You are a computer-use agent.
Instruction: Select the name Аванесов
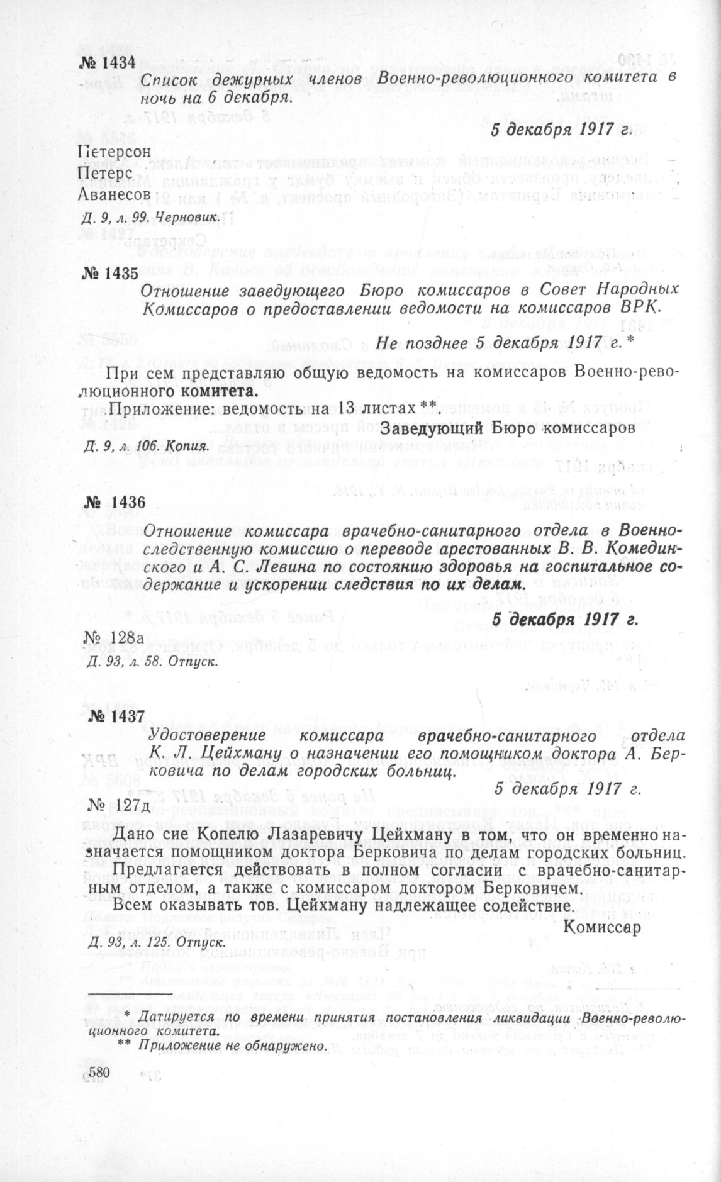(114, 194)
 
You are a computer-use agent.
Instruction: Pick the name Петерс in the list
(104, 173)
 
